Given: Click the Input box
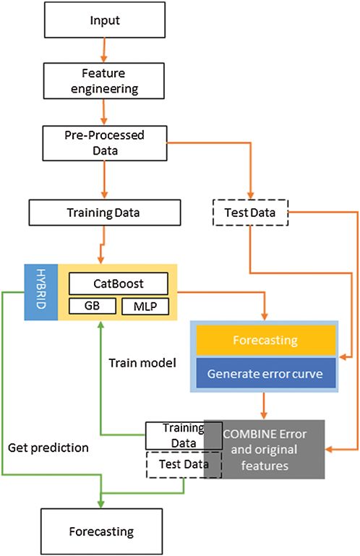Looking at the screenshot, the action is pyautogui.click(x=105, y=20).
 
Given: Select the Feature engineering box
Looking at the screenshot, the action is pyautogui.click(x=104, y=81).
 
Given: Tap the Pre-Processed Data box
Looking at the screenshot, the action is pyautogui.click(x=105, y=143).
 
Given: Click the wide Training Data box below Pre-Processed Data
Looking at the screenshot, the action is pyautogui.click(x=105, y=213).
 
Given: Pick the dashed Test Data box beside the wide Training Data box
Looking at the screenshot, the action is pyautogui.click(x=250, y=213).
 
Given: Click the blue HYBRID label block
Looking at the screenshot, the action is pyautogui.click(x=40, y=292).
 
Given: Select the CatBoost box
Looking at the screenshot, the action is pyautogui.click(x=119, y=283).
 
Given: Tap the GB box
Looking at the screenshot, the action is pyautogui.click(x=93, y=306).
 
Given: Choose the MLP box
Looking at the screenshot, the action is pyautogui.click(x=145, y=307).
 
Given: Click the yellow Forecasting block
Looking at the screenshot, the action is pyautogui.click(x=265, y=340).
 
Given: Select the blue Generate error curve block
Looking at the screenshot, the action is pyautogui.click(x=265, y=373).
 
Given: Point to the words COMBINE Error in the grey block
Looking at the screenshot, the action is pyautogui.click(x=265, y=434).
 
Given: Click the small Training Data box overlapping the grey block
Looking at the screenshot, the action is pyautogui.click(x=184, y=435).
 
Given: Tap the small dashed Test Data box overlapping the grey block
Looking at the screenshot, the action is pyautogui.click(x=184, y=464).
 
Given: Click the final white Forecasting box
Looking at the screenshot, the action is pyautogui.click(x=102, y=531).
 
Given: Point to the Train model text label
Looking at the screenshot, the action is pyautogui.click(x=142, y=363).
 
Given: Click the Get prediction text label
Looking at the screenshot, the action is pyautogui.click(x=48, y=448).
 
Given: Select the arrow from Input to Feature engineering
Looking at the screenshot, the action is pyautogui.click(x=104, y=50).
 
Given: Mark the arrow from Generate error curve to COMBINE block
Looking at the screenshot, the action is pyautogui.click(x=264, y=406).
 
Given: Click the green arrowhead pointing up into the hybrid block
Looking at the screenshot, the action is pyautogui.click(x=100, y=325).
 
